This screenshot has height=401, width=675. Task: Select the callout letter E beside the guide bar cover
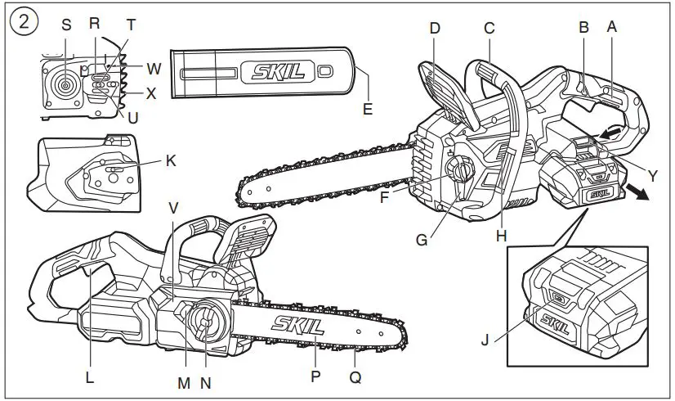pos(368,109)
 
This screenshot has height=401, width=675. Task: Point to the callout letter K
pos(170,160)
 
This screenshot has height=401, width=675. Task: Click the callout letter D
pos(435,28)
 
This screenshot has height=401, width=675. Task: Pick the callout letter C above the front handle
pos(489,28)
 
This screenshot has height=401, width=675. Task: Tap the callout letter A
pos(611,26)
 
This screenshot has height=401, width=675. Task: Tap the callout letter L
pos(89,378)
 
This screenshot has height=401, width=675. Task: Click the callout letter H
pos(502,236)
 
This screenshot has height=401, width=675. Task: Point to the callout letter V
pos(172,208)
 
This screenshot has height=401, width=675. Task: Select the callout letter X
pos(151,93)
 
